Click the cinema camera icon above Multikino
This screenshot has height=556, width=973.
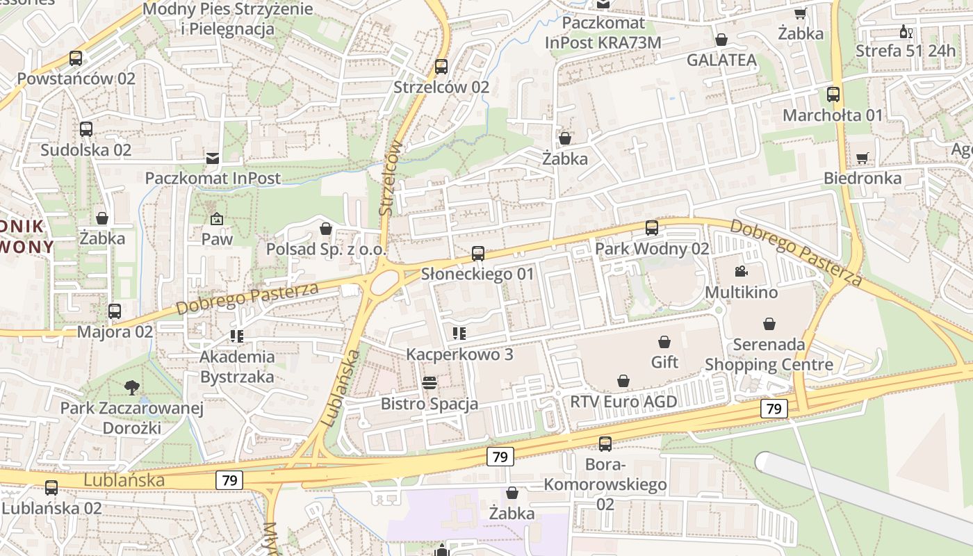pyautogui.click(x=741, y=271)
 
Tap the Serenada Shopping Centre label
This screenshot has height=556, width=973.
pyautogui.click(x=769, y=354)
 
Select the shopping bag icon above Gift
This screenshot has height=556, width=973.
pyautogui.click(x=664, y=342)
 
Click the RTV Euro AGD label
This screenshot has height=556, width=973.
pyautogui.click(x=623, y=402)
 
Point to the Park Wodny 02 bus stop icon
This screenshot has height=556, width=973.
pyautogui.click(x=652, y=228)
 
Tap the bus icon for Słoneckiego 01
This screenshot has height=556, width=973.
pyautogui.click(x=478, y=254)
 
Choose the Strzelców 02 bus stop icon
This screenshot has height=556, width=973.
pyautogui.click(x=441, y=67)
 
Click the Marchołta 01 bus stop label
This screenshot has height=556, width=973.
pyautogui.click(x=833, y=115)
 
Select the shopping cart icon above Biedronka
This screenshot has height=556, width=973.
pyautogui.click(x=862, y=158)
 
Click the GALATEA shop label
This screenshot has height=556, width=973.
pyautogui.click(x=721, y=60)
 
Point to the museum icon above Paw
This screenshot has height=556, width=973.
pyautogui.click(x=217, y=219)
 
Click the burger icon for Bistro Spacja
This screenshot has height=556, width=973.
pyautogui.click(x=430, y=383)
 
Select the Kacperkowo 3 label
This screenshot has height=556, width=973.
pyautogui.click(x=459, y=354)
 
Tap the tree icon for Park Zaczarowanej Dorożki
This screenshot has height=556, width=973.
pyautogui.click(x=132, y=387)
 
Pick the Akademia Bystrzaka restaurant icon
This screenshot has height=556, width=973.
pyautogui.click(x=237, y=336)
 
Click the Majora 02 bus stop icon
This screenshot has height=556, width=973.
pyautogui.click(x=115, y=311)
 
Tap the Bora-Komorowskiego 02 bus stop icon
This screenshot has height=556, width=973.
pyautogui.click(x=605, y=443)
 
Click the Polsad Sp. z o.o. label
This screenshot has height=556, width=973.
pyautogui.click(x=326, y=250)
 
